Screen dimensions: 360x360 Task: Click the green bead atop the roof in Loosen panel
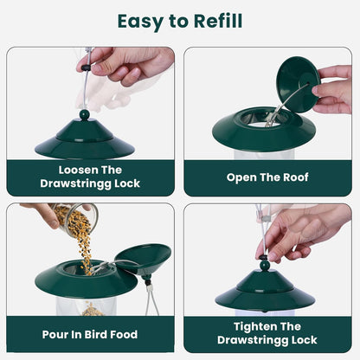click(84, 114)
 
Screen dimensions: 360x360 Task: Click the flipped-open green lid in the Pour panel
click(144, 257)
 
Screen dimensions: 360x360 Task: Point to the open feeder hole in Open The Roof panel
click(260, 118)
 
